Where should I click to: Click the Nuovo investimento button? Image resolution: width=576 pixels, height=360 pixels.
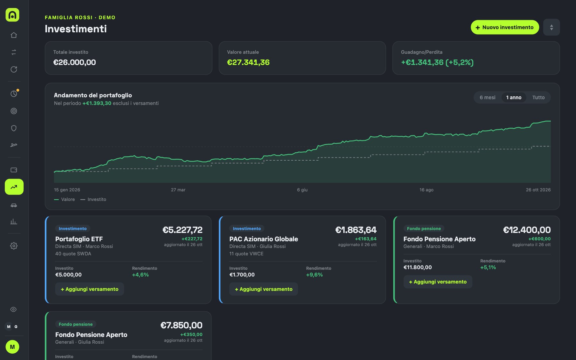tap(505, 27)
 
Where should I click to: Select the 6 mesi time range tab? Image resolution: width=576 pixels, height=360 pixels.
tap(487, 97)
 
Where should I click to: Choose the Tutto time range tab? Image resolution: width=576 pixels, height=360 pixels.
tap(538, 97)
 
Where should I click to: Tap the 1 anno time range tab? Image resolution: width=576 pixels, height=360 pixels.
tap(514, 97)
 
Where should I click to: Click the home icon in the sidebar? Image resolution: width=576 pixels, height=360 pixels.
tap(14, 35)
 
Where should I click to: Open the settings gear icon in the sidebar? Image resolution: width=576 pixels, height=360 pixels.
tap(14, 246)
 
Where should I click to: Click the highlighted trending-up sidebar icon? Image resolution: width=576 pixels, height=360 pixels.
tap(14, 187)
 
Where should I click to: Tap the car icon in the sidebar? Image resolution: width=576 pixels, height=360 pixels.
tap(14, 205)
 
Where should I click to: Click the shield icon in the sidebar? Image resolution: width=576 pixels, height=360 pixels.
tap(14, 128)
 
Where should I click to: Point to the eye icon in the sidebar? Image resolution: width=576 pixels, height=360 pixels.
tap(13, 309)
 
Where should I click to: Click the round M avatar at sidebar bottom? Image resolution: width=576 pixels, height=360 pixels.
tap(12, 347)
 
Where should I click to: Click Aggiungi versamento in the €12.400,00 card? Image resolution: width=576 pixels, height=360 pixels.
tap(438, 282)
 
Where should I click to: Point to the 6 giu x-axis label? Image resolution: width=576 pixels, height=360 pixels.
tap(302, 190)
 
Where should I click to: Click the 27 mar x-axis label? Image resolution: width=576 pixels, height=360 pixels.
tap(178, 190)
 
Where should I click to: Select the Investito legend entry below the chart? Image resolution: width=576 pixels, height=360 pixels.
tap(93, 199)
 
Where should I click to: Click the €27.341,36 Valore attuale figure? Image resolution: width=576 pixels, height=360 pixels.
tap(248, 62)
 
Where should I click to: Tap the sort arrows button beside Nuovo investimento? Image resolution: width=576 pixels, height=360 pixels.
tap(551, 27)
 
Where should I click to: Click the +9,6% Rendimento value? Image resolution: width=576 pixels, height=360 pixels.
tap(314, 275)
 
